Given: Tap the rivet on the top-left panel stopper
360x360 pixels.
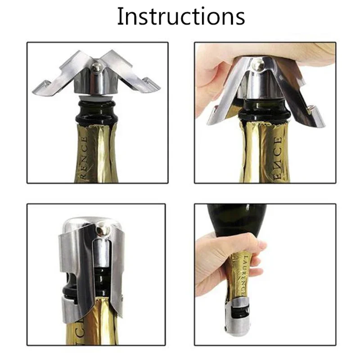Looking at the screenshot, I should pos(96,67).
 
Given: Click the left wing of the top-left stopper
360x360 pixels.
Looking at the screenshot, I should pos(63,76).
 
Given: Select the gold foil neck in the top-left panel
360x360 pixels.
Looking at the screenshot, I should pos(97,153).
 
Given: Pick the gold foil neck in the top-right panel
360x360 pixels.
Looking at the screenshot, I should pos(265,153).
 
